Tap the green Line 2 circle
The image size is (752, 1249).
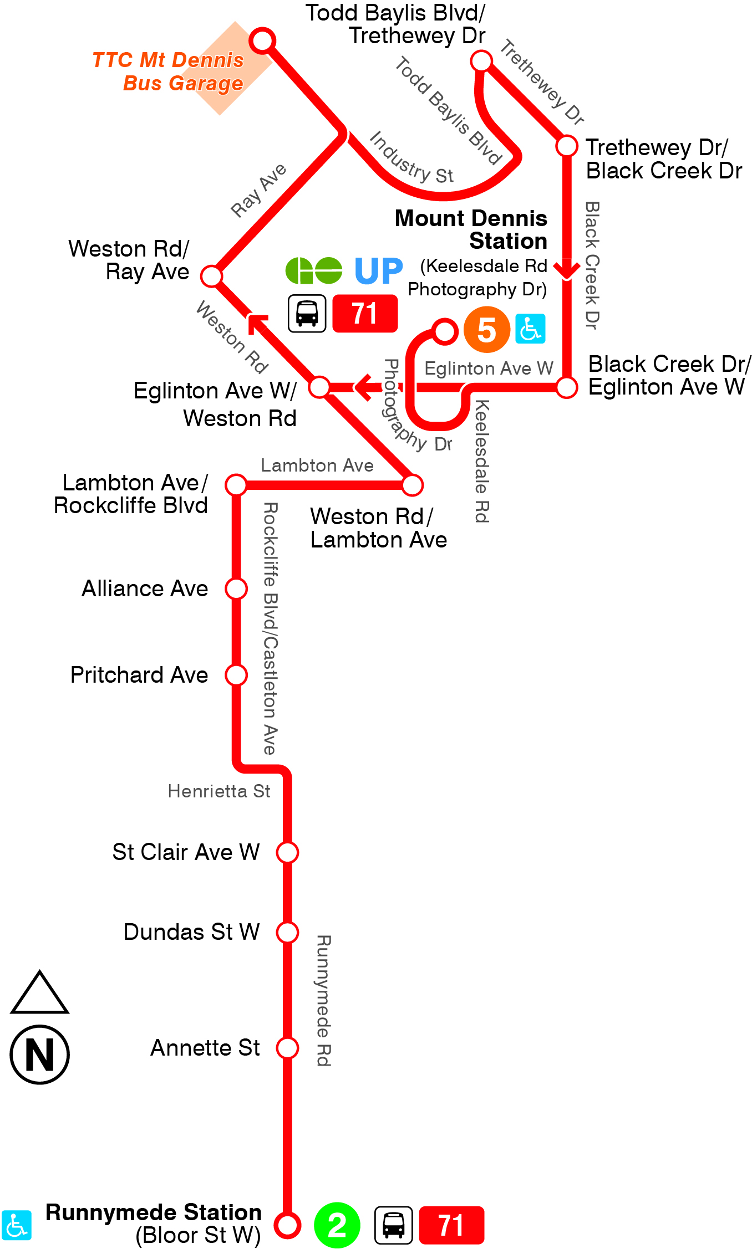pyautogui.click(x=337, y=1225)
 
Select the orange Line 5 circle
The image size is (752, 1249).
pyautogui.click(x=486, y=330)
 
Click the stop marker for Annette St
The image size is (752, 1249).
pyautogui.click(x=288, y=1048)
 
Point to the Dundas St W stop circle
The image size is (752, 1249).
pyautogui.click(x=288, y=932)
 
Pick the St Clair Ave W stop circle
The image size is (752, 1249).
pyautogui.click(x=288, y=852)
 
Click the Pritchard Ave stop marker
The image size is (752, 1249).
pyautogui.click(x=236, y=675)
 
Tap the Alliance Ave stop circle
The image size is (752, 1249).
pyautogui.click(x=236, y=588)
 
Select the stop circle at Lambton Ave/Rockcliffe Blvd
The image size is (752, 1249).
pyautogui.click(x=236, y=484)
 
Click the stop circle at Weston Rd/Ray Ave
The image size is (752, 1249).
pyautogui.click(x=211, y=275)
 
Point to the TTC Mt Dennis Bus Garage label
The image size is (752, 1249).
pyautogui.click(x=169, y=71)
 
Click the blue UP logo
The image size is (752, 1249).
pyautogui.click(x=378, y=271)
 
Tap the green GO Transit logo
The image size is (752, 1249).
pyautogui.click(x=314, y=271)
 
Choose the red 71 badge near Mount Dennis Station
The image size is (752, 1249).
pyautogui.click(x=365, y=314)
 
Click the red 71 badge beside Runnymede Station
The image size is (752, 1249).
pyautogui.click(x=451, y=1225)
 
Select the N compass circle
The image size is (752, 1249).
pyautogui.click(x=40, y=1055)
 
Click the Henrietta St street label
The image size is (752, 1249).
pyautogui.click(x=219, y=791)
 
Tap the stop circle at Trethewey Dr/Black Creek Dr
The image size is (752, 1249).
pyautogui.click(x=567, y=146)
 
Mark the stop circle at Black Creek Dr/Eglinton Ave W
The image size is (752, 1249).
pyautogui.click(x=567, y=387)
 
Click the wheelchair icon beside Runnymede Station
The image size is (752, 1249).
pyautogui.click(x=16, y=1225)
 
